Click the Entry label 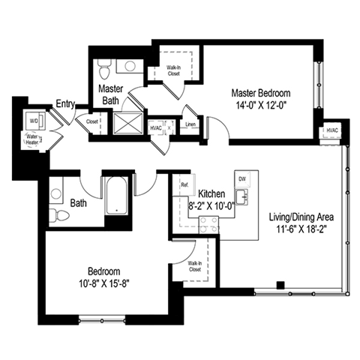pos(64,103)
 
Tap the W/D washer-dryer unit pos(34,120)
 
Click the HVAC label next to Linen pos(156,127)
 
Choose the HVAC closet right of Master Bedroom pos(331,132)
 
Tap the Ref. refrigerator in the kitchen pos(183,184)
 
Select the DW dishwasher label pos(241,179)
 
